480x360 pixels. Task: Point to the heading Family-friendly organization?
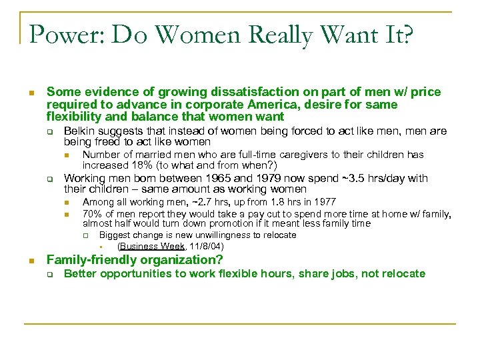(x=135, y=260)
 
